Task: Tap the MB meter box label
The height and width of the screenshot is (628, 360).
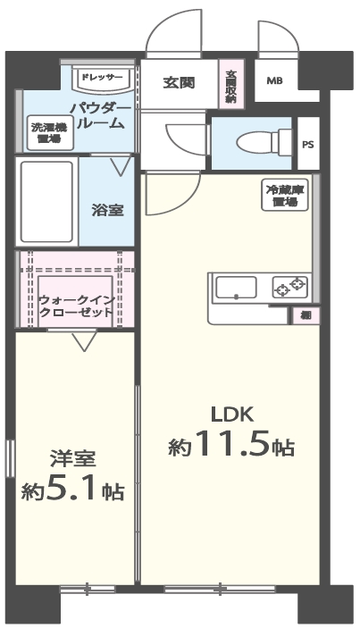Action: pyautogui.click(x=273, y=81)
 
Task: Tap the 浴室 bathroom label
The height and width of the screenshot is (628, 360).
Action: pyautogui.click(x=107, y=210)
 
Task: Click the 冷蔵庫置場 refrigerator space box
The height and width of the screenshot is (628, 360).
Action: pyautogui.click(x=285, y=196)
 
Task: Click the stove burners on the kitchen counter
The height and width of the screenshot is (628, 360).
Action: pyautogui.click(x=289, y=288)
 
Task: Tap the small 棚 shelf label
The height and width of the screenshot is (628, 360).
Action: pyautogui.click(x=305, y=315)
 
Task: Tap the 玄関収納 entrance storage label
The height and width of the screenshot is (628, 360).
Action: pyautogui.click(x=230, y=86)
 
